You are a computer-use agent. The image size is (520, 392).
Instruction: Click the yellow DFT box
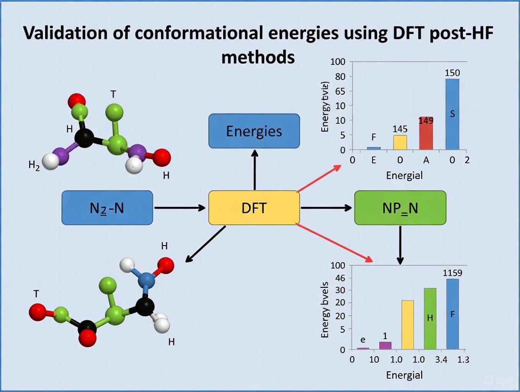(254, 208)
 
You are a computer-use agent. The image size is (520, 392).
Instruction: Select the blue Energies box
(254, 131)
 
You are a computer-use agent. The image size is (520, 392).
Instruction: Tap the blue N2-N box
(107, 207)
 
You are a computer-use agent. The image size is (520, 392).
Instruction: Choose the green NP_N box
(400, 208)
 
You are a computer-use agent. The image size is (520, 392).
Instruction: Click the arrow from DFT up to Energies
(254, 170)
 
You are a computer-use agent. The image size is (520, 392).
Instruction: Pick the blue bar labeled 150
(452, 114)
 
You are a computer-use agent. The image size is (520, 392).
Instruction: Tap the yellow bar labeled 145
(400, 142)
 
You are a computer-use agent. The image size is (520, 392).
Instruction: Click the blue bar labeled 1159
(452, 314)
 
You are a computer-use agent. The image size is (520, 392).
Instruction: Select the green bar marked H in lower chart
(430, 318)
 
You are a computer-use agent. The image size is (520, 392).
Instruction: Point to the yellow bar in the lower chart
(407, 325)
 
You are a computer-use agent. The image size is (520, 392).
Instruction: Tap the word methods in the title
(258, 57)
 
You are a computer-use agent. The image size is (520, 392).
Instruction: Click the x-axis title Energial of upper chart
(404, 176)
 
